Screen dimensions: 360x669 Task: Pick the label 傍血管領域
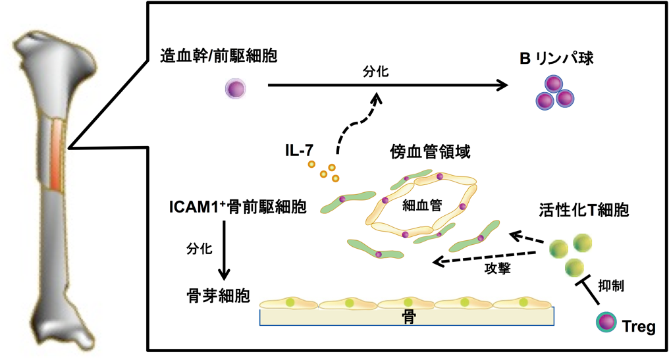(x=432, y=153)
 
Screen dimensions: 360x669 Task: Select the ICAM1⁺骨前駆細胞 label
(x=238, y=208)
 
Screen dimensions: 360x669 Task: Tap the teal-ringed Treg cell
(x=606, y=322)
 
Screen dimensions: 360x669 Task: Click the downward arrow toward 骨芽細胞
(x=225, y=249)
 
